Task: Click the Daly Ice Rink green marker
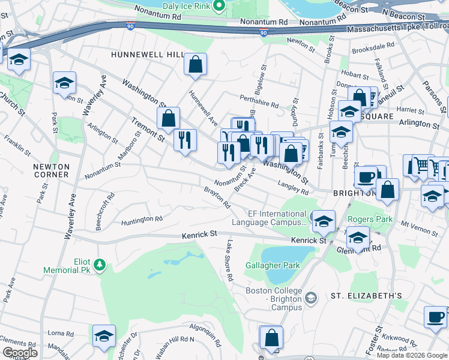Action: click(219, 7)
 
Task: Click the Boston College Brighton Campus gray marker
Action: click(311, 298)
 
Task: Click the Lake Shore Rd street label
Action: click(229, 261)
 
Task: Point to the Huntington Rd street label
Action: click(142, 220)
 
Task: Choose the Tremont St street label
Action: click(148, 130)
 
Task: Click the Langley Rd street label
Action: click(293, 188)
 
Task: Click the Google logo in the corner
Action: click(20, 352)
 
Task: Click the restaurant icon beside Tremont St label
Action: click(185, 140)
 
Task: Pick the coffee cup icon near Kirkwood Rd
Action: click(435, 317)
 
